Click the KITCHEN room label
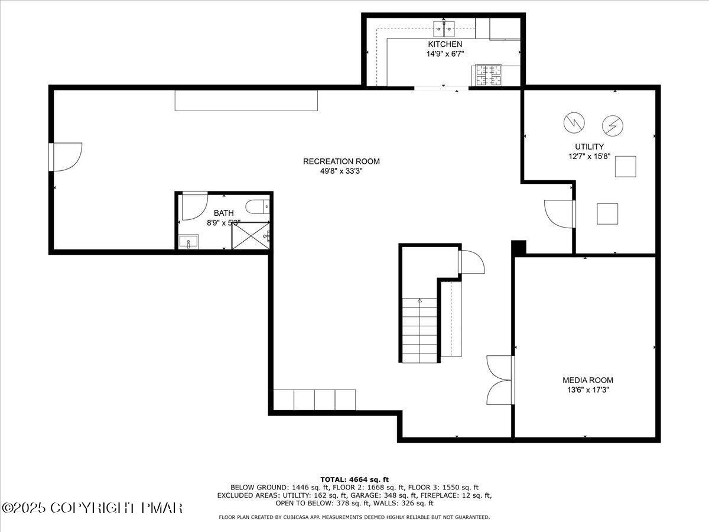(445, 44)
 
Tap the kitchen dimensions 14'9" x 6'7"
(445, 54)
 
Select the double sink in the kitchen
(444, 27)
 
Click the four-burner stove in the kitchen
(487, 75)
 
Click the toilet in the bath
(258, 206)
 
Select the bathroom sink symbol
(189, 242)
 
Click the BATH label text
(223, 213)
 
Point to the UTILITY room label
(589, 147)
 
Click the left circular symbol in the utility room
(573, 122)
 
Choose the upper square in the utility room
(625, 167)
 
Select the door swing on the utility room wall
(559, 213)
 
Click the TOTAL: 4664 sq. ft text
(354, 479)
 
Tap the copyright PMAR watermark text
(93, 507)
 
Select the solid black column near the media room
(518, 247)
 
